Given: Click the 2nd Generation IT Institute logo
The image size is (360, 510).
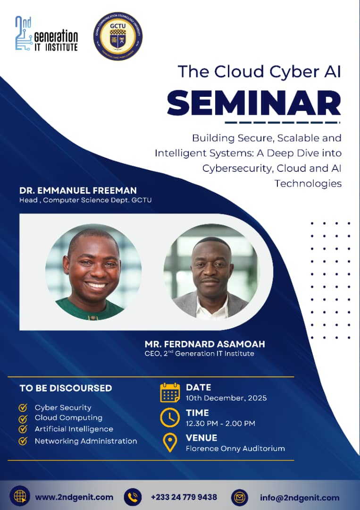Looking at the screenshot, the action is point(46,34).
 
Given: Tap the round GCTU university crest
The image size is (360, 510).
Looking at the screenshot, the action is point(117,36).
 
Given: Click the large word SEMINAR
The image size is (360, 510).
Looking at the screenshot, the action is point(254,103).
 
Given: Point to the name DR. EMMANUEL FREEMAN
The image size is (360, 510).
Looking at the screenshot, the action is point(78,190).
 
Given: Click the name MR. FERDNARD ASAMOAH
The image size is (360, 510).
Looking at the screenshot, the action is point(205,344).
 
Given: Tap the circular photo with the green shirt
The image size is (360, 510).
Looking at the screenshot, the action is point(93,272).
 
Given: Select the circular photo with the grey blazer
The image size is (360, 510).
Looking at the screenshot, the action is point(211,272).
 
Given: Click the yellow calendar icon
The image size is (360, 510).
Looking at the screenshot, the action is point(170,392).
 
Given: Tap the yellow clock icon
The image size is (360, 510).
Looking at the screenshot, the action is point(170,417).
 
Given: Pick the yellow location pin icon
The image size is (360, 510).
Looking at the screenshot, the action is point(170,442).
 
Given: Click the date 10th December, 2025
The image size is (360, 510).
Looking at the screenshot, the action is point(226,398).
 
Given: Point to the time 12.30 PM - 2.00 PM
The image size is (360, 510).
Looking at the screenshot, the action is point(220,424).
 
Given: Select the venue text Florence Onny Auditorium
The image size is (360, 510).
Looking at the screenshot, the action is point(235,449).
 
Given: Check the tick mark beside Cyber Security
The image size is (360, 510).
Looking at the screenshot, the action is point(23,408).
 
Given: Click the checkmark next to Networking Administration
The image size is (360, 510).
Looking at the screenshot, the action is point(23,441).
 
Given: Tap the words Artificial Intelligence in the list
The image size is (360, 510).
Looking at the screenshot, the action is point(74,429).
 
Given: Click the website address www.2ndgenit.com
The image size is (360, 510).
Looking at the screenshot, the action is point(74,497).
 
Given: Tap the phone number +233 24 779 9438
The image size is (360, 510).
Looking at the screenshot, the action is point(184,497).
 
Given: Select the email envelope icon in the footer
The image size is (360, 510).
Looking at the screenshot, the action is point(240,498).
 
